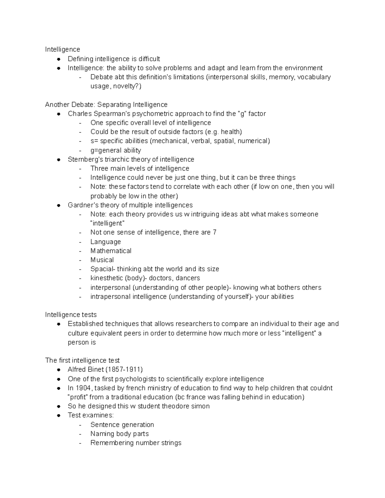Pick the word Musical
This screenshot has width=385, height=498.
(102, 260)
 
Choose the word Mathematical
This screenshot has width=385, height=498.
(111, 251)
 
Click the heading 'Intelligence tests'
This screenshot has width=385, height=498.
(71, 315)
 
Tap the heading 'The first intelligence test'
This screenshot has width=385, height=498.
(82, 360)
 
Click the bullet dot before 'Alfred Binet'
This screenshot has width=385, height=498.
(59, 370)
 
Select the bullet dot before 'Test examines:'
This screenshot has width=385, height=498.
(59, 416)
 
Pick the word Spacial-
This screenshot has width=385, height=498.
(103, 269)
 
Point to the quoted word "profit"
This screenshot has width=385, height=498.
(78, 397)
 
